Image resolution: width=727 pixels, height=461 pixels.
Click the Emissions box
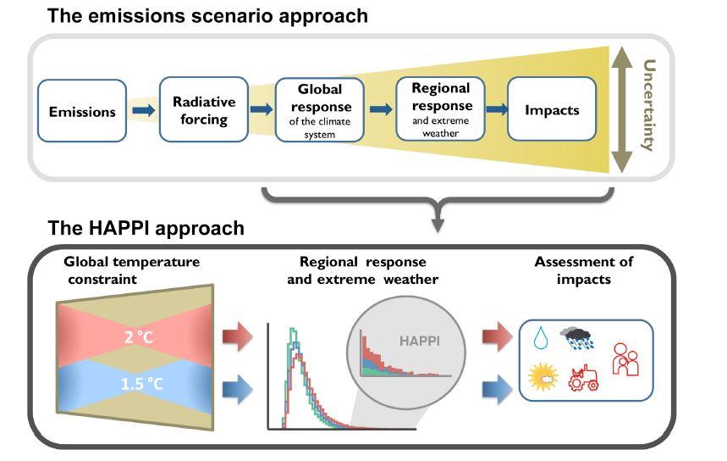[82, 111]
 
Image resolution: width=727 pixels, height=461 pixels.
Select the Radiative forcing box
[204, 110]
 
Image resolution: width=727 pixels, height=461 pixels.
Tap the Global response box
[320, 110]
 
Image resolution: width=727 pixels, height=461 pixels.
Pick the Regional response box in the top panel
[441, 110]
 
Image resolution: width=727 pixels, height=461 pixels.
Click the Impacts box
[552, 110]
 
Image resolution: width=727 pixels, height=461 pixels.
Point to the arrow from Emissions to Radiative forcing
[143, 110]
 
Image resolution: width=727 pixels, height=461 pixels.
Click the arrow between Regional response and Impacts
[497, 110]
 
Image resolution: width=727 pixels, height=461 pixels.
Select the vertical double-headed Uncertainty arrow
[623, 110]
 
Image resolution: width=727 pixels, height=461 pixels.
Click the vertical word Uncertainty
[649, 105]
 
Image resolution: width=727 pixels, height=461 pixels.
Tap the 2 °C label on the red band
[139, 337]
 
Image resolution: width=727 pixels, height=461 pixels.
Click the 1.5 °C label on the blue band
[141, 384]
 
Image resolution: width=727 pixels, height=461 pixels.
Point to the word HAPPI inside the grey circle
[421, 342]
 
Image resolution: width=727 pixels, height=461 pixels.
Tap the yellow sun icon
[542, 375]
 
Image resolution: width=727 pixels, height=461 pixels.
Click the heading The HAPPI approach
[146, 228]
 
